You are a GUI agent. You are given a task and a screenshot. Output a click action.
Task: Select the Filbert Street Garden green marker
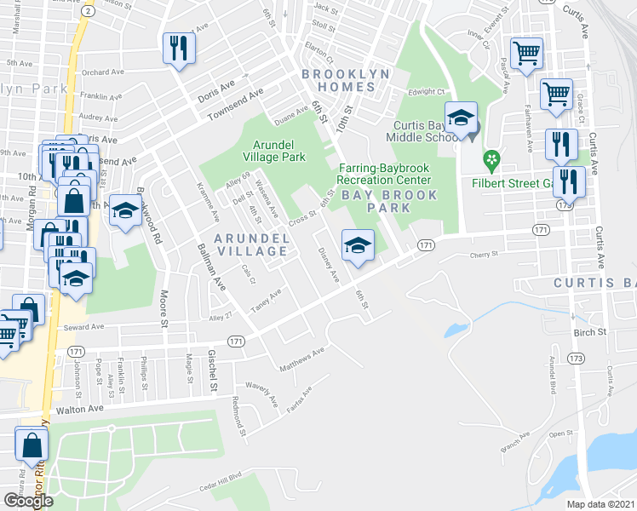coord(491,158)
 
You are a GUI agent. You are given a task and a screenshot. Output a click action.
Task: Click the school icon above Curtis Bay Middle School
coord(460,119)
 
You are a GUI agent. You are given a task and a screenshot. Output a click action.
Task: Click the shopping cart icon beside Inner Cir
coord(526,53)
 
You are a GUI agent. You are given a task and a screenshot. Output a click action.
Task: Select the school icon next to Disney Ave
coord(358,246)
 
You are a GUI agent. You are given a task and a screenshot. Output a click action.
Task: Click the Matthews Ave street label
coord(302,359)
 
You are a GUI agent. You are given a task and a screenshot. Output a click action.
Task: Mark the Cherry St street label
coord(483,255)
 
